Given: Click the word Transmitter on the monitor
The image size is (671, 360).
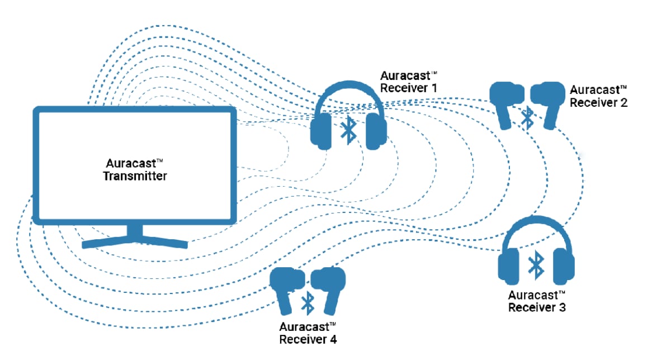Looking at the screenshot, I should coord(136,176).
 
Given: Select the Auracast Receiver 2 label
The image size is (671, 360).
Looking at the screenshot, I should coord(598,96).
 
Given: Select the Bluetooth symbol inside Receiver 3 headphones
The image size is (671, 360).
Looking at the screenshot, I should coord(536,264).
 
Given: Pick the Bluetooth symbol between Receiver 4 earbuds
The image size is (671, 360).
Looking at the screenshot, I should coord(307,302).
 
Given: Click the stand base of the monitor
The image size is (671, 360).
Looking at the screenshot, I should coord(135,241).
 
